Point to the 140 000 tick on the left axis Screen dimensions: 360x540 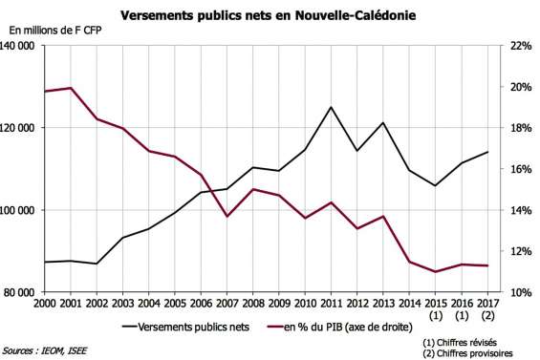(x=19, y=46)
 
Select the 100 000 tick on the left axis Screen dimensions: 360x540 (x=19, y=210)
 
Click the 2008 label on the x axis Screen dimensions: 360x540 (x=251, y=303)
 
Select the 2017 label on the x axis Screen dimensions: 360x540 (x=488, y=303)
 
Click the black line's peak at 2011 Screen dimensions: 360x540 (x=331, y=107)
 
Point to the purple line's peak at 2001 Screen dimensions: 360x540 (x=71, y=88)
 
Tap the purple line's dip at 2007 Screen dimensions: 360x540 (x=227, y=217)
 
